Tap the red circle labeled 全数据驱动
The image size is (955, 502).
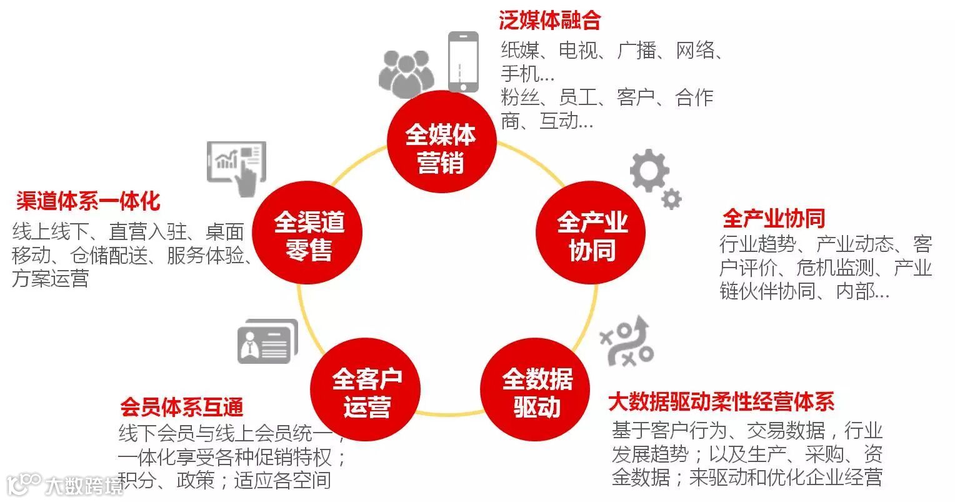coord(537,393)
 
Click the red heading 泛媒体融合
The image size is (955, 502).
coord(549,21)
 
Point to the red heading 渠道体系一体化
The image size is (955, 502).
coord(88,201)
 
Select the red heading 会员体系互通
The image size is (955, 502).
coord(181,408)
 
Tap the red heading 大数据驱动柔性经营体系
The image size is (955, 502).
coord(721,401)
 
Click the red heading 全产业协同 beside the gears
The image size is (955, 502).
coord(773,218)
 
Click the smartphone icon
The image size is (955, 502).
coord(463,61)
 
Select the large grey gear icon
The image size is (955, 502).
coord(649,169)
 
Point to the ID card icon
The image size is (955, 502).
coord(267,342)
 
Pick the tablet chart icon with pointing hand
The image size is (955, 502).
coord(236,166)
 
